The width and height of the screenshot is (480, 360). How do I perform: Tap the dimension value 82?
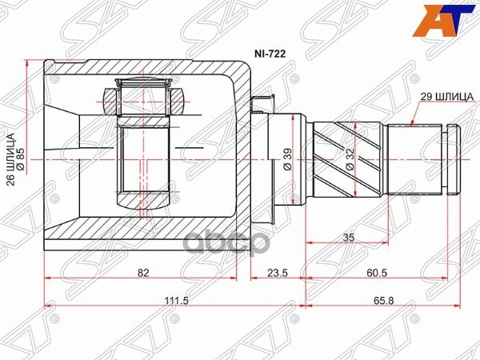[143, 274]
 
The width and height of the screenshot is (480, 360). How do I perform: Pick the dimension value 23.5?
[277, 274]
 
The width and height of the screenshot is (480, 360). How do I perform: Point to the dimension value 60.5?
[378, 274]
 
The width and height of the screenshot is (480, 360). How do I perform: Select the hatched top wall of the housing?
[144, 73]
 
